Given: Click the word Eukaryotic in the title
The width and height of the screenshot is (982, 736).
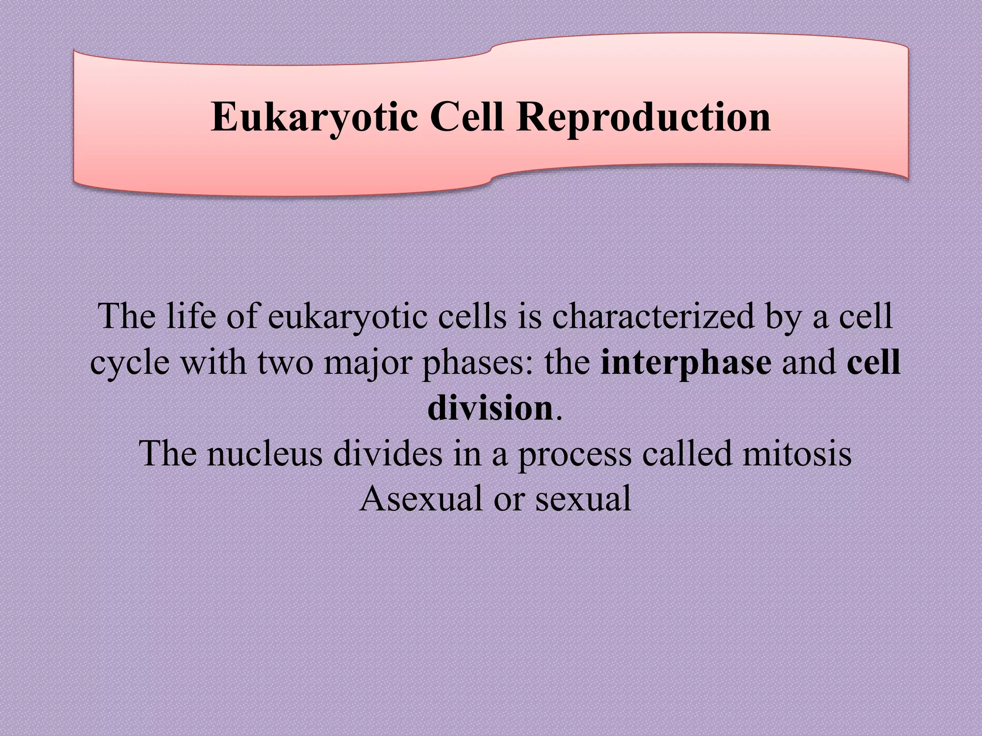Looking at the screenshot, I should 314,117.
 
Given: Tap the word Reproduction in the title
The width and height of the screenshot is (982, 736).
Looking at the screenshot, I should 643,117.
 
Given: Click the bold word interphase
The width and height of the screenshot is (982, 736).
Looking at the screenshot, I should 686,363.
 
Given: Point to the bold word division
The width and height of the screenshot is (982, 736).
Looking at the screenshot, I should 490,408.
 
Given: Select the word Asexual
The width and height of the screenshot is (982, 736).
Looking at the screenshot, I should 421,498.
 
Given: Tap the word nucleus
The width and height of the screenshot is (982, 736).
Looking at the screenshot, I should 265,453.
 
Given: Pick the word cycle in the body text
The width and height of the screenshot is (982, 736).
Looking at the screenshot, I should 130,363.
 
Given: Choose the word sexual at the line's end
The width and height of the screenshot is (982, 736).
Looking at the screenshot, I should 583,498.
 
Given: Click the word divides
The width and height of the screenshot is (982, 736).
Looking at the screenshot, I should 387,453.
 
